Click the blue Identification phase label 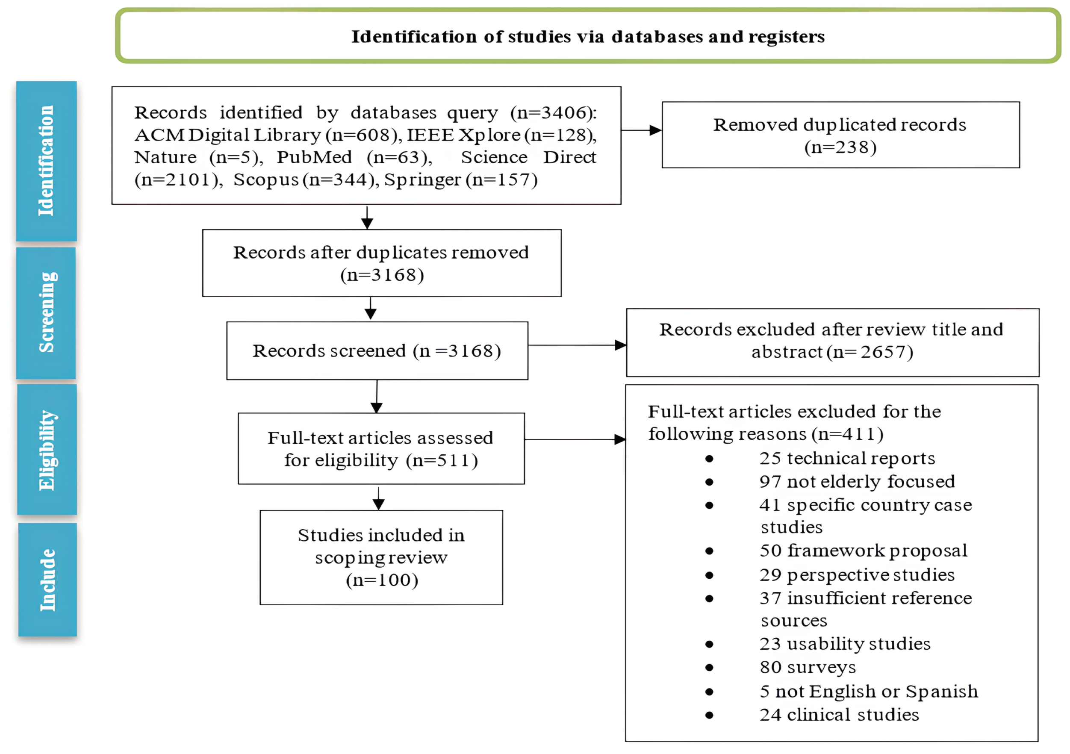[46, 161]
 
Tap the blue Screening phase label [46, 313]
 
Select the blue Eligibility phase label [47, 450]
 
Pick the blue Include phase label [47, 579]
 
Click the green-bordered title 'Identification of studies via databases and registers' [588, 36]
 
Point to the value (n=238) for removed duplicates [840, 147]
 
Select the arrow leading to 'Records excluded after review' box [578, 345]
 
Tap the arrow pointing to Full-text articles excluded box [575, 439]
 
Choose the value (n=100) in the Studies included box [382, 580]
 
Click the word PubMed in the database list [314, 157]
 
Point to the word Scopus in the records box [265, 180]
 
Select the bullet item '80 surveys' [808, 667]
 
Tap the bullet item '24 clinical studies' [839, 715]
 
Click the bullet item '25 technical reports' [847, 459]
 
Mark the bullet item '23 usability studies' [844, 644]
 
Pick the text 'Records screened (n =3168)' [377, 351]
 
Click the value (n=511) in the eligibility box [442, 461]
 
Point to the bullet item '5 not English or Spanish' [868, 692]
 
